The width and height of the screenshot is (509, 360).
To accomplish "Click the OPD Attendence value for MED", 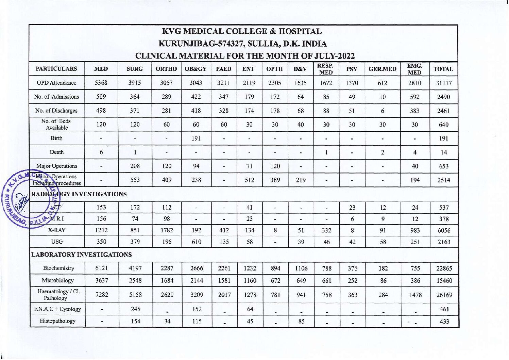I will (x=101, y=83).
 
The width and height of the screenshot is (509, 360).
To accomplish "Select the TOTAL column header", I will (x=443, y=69).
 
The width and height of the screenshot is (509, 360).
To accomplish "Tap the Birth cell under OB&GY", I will (x=196, y=138).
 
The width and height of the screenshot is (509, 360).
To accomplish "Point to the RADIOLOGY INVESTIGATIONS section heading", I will (x=79, y=194).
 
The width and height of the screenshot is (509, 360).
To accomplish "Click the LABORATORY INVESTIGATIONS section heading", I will (x=81, y=255).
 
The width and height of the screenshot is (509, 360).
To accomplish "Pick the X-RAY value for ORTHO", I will (x=167, y=230).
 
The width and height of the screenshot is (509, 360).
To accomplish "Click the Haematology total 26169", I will (x=444, y=295).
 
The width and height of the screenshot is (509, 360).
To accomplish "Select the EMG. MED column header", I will (x=414, y=69).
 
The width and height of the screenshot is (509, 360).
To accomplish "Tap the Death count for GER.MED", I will (x=383, y=152).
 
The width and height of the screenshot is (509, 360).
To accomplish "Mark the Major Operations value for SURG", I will (x=135, y=166).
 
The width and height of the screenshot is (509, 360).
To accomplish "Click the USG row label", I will (x=57, y=242).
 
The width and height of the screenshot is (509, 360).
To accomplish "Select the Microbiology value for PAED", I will (x=224, y=281).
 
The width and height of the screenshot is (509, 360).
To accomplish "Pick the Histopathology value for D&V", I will (x=301, y=321).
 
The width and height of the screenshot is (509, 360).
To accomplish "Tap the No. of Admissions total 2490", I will (x=443, y=97).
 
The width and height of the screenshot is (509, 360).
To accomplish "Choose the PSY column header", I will (x=352, y=69).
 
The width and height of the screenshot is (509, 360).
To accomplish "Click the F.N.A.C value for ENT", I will (x=250, y=309).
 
